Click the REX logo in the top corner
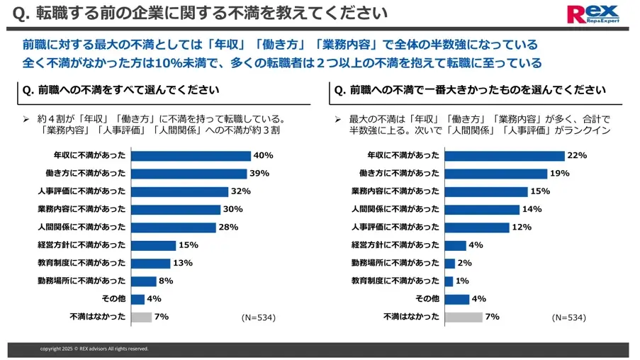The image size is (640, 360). [598, 13]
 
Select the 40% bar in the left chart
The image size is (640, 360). [191, 156]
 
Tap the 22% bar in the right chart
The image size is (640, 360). [505, 156]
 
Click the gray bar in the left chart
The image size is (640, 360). [141, 317]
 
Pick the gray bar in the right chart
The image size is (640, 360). [463, 317]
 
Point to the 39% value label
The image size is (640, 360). [259, 174]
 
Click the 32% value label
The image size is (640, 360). [240, 191]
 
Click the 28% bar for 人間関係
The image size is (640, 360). [173, 227]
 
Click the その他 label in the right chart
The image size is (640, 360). [427, 299]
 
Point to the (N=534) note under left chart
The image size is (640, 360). [258, 317]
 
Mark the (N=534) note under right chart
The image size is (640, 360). [569, 317]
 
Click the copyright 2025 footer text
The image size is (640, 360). [94, 349]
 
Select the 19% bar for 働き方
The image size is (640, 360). [496, 174]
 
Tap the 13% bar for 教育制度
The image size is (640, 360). [150, 263]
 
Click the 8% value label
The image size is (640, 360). [166, 281]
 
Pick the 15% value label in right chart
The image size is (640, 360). [539, 191]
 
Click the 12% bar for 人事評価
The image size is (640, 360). [477, 227]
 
